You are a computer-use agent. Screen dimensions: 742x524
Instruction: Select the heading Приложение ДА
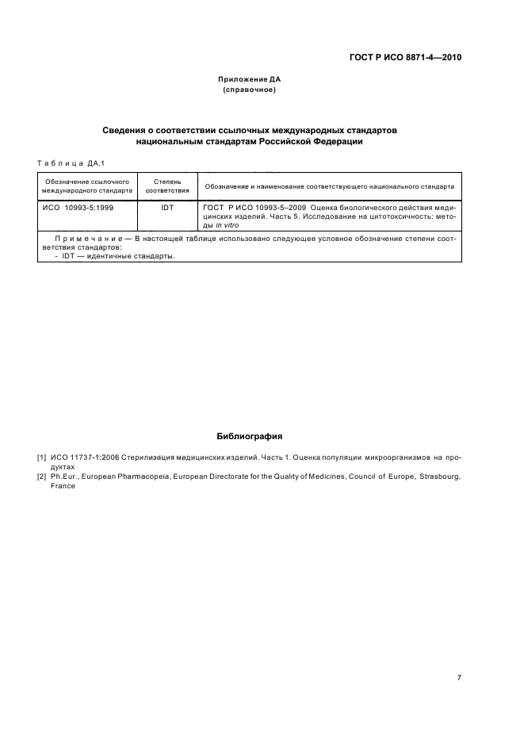[x=249, y=79]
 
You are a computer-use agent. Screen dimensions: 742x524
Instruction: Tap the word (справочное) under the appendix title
[x=249, y=90]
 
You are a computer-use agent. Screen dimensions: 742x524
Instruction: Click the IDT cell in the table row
[x=167, y=207]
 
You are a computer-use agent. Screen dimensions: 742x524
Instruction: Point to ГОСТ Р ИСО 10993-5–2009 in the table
[x=244, y=207]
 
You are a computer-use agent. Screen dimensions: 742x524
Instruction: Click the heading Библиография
[x=249, y=436]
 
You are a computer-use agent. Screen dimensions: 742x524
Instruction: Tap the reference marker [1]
[x=41, y=457]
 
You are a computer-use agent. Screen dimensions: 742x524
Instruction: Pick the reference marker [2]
[x=41, y=476]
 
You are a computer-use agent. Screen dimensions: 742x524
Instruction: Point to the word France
[x=62, y=486]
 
